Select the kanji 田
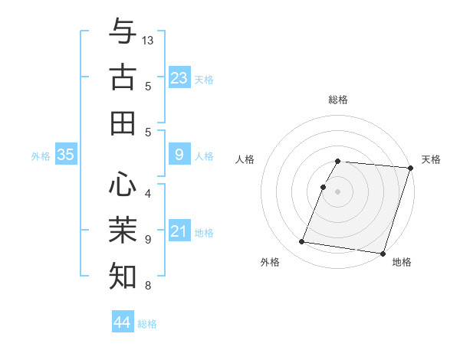(x=123, y=123)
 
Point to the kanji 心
(x=123, y=184)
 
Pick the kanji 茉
(x=123, y=229)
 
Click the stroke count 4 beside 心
(x=148, y=193)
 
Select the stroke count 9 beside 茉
(x=148, y=239)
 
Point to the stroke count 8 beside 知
(x=148, y=286)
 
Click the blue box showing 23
(x=179, y=77)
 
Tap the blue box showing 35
(x=65, y=155)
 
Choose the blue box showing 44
(x=123, y=322)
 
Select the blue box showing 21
(x=179, y=231)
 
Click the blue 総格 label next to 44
(x=147, y=324)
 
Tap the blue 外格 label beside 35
(x=40, y=156)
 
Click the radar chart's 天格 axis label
(x=431, y=159)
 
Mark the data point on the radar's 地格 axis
(x=382, y=254)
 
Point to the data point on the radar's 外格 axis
(x=301, y=242)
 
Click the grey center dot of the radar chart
(x=338, y=191)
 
